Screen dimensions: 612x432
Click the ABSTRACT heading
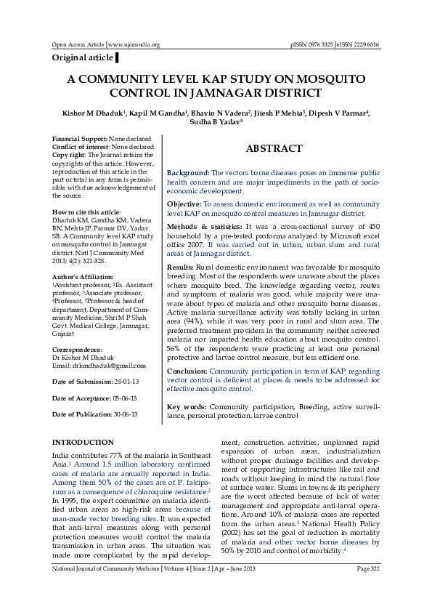click(x=274, y=148)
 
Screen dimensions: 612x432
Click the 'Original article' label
click(x=82, y=57)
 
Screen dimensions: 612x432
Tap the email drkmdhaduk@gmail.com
click(x=99, y=366)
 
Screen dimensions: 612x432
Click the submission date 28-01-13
click(x=127, y=382)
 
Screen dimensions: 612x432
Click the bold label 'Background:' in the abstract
click(x=189, y=172)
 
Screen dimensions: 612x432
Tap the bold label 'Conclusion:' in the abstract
click(x=187, y=371)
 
